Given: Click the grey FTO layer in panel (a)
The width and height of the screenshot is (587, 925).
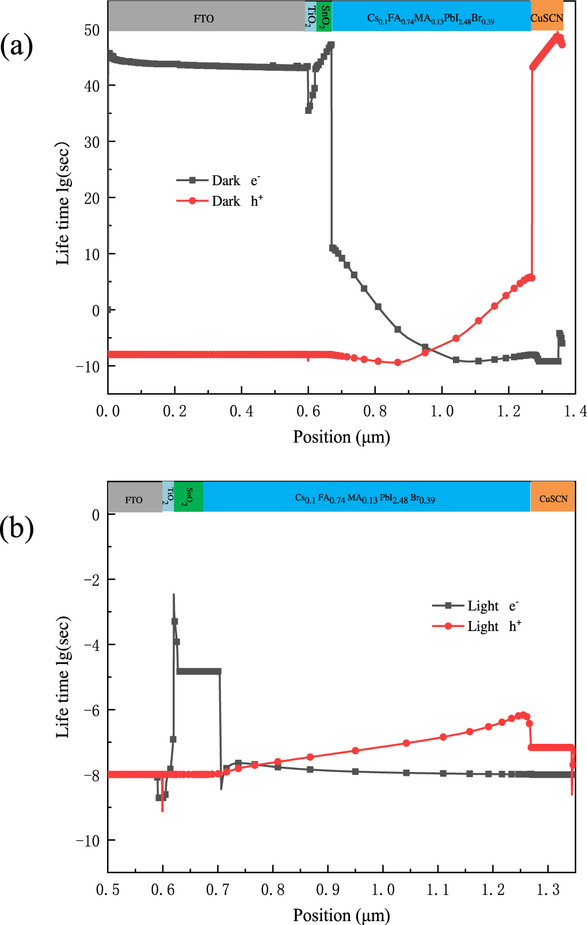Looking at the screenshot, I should coord(204,17).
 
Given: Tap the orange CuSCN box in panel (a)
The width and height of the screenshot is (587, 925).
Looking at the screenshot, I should coord(547,17).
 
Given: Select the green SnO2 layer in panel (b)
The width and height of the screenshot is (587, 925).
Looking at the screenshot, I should coord(188,496).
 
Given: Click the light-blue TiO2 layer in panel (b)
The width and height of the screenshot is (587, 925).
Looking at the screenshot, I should coord(168,496).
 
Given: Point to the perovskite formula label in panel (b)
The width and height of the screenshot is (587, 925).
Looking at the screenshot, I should coord(365,499).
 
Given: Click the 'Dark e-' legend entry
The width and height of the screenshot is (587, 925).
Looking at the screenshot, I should coord(219,181).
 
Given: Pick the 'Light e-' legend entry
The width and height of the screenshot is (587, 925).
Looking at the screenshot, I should coord(475,606).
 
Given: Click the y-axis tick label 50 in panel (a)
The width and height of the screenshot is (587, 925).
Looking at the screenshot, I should coord(92,30).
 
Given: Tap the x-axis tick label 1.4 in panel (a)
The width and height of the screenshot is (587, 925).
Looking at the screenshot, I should coord(575,411).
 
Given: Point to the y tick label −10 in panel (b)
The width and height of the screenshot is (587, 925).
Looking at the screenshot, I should coord(88,840).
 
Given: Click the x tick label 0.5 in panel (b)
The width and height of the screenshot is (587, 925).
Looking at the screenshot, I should coord(108,890).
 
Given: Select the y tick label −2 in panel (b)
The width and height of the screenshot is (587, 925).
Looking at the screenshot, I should coord(92,580).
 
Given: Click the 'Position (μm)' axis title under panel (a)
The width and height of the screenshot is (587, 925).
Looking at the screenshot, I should coord(341,437).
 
